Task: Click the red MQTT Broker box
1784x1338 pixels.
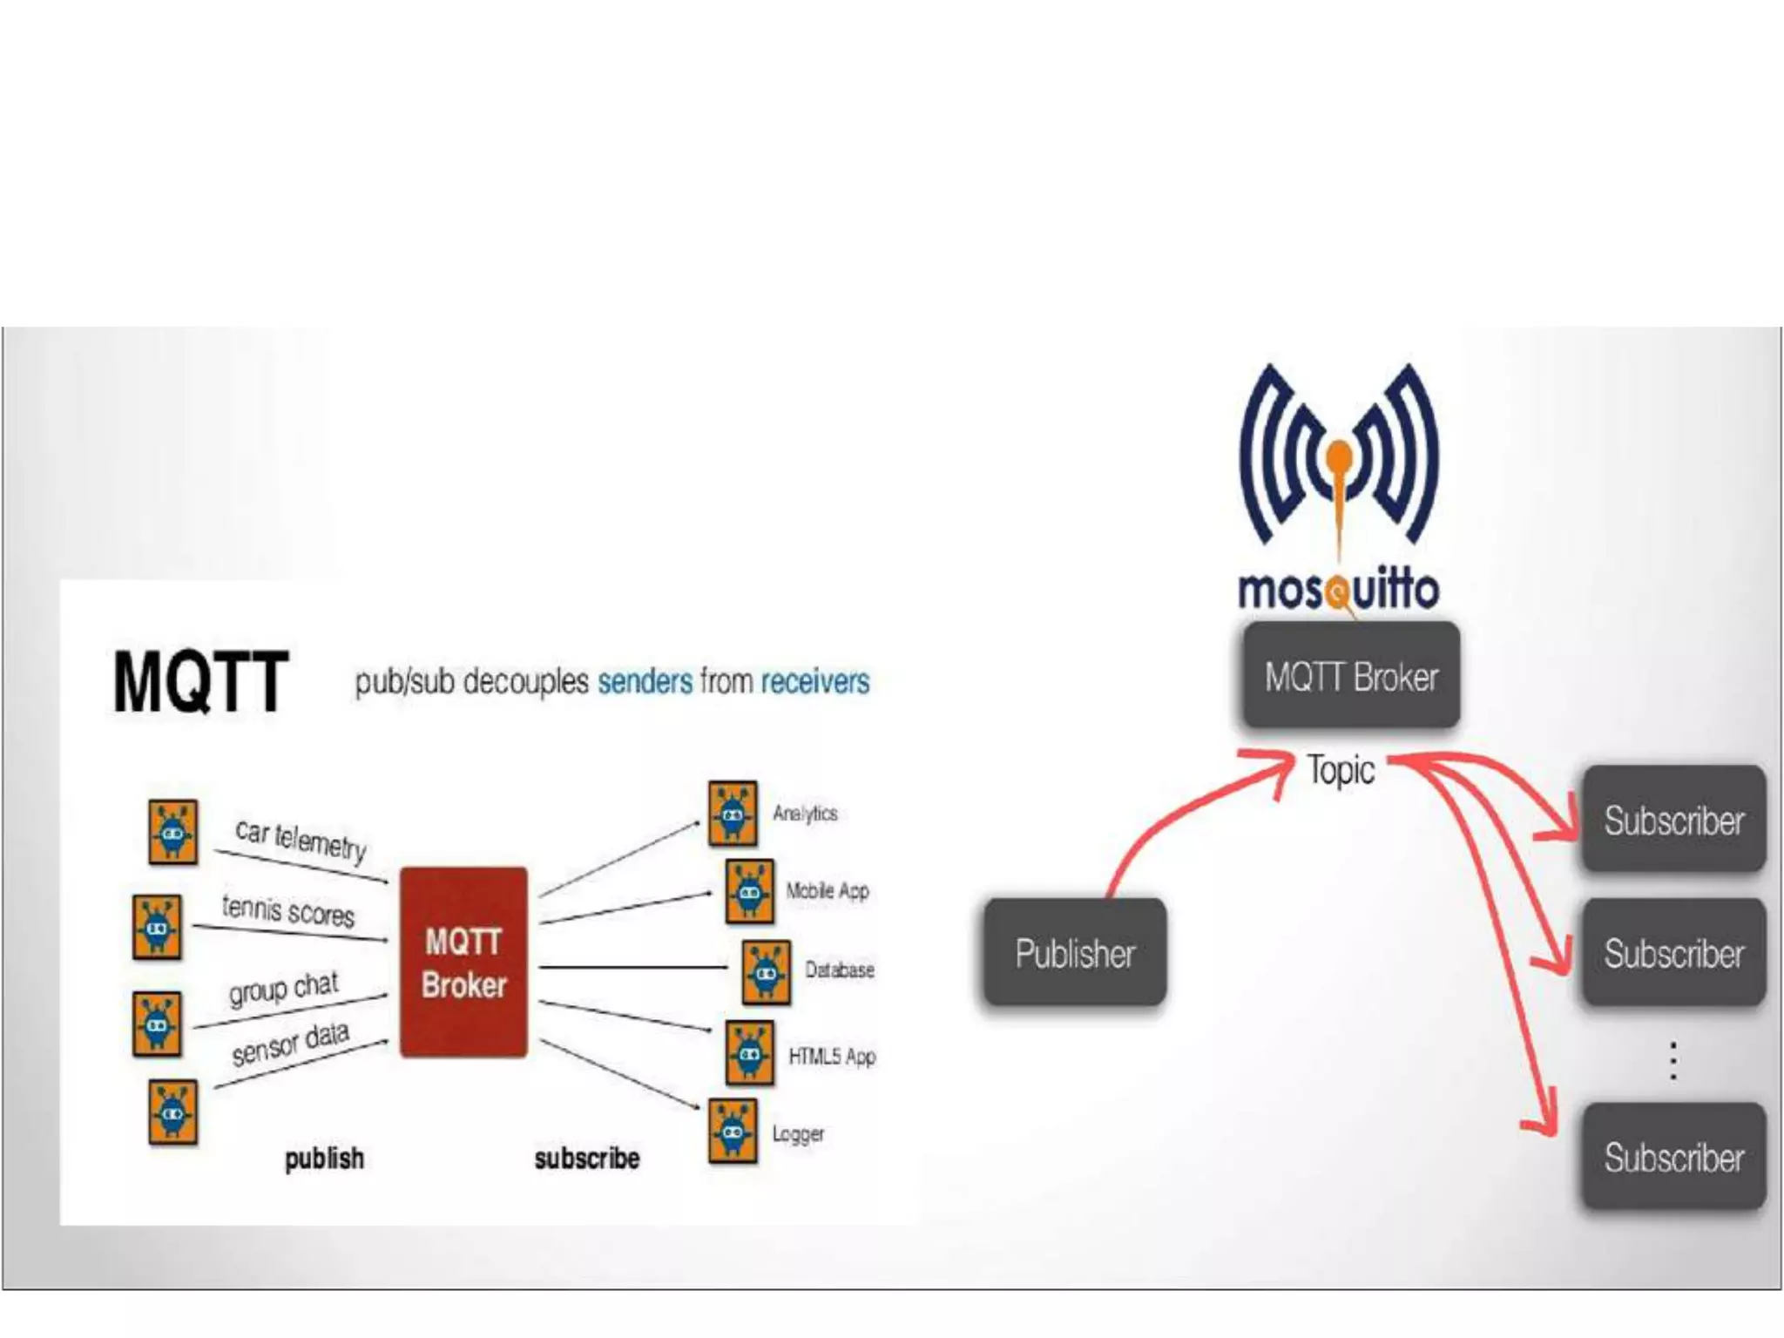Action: click(463, 962)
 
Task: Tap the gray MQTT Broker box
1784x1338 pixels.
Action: click(1351, 676)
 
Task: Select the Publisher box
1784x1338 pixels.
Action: click(1075, 953)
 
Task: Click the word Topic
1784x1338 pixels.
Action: click(1341, 770)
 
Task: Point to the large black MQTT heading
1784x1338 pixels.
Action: click(200, 682)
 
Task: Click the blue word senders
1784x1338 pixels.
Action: click(645, 681)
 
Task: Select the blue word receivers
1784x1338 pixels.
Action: click(814, 681)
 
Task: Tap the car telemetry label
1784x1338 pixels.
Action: click(301, 839)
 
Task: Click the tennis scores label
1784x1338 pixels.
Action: click(288, 910)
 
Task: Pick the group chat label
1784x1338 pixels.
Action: click(283, 988)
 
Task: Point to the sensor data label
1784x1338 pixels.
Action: click(290, 1043)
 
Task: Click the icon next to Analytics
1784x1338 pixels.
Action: click(732, 814)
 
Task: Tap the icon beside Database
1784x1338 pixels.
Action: click(766, 971)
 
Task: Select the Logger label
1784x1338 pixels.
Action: click(798, 1134)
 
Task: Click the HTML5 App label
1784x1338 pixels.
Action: click(832, 1057)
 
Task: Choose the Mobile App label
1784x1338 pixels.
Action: click(828, 891)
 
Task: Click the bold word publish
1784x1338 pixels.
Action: click(324, 1159)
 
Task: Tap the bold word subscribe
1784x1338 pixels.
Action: click(587, 1159)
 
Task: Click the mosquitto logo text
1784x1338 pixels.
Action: click(1338, 590)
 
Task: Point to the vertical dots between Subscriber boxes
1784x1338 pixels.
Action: click(1672, 1060)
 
